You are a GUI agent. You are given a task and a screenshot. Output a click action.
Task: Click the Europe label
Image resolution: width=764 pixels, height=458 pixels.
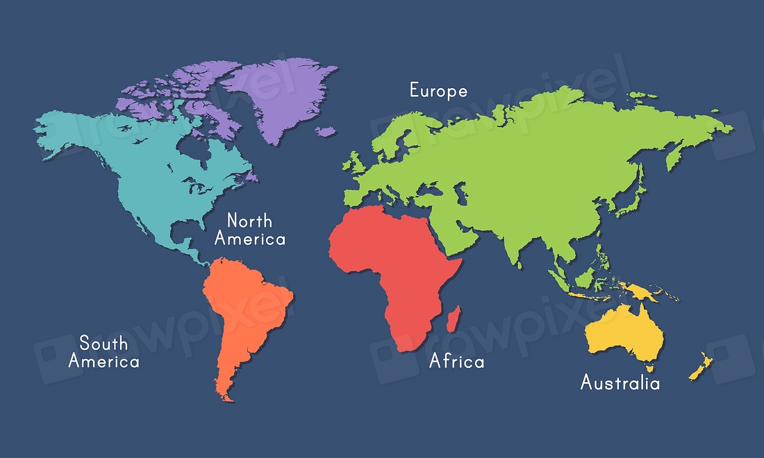tap(438, 91)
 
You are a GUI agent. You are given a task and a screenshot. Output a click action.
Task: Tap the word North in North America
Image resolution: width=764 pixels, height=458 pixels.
tap(250, 221)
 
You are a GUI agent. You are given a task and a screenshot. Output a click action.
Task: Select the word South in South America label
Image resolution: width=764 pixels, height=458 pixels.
tap(103, 343)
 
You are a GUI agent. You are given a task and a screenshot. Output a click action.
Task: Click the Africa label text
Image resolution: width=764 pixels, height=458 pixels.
tap(456, 361)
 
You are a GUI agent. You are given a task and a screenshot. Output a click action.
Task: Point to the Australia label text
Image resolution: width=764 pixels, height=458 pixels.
tap(620, 382)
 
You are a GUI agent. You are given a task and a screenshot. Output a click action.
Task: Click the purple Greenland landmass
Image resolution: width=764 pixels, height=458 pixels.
tap(285, 97)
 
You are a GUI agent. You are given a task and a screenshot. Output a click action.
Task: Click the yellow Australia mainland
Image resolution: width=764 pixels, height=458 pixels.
tap(622, 333)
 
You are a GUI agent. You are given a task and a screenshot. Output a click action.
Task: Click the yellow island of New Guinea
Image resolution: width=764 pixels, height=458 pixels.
tap(642, 291)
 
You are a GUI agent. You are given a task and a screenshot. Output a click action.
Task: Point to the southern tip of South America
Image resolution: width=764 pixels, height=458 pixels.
tap(226, 398)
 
